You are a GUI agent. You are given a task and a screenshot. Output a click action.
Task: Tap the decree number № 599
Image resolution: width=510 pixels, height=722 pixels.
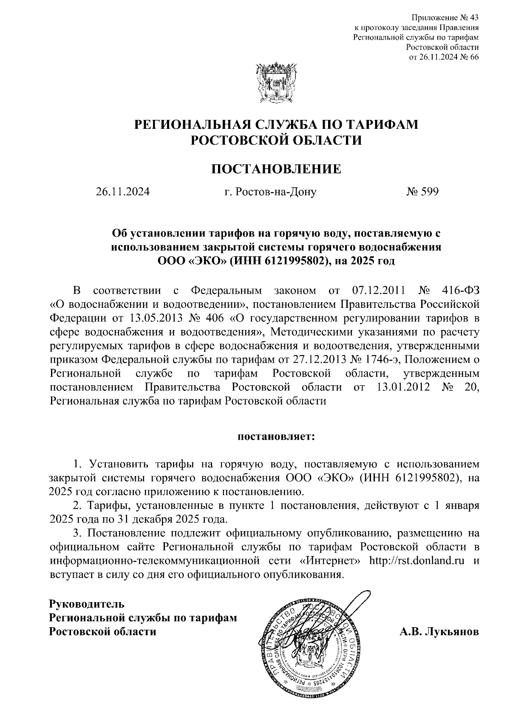(422, 192)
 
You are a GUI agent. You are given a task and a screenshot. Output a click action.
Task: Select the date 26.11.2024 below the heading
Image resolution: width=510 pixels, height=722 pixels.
(123, 192)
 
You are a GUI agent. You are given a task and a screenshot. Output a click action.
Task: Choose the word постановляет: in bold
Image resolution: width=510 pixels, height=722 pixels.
(276, 437)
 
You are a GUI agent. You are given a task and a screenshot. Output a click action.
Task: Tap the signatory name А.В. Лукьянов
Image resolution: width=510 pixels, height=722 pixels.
(439, 631)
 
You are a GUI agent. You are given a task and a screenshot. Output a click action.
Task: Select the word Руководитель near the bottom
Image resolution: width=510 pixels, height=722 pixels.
(87, 603)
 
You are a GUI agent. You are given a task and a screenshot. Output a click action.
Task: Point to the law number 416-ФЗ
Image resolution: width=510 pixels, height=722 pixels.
(461, 291)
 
